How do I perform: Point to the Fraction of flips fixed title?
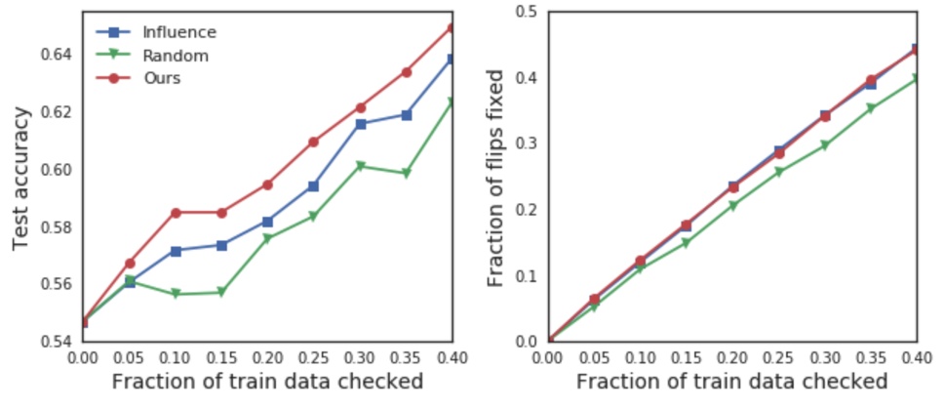click(x=495, y=177)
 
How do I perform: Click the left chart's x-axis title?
click(x=267, y=382)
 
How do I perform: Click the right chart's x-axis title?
click(x=732, y=382)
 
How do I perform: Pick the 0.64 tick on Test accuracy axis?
click(x=56, y=54)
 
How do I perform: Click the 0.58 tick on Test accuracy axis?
click(x=56, y=227)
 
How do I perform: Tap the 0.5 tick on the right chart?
click(x=528, y=12)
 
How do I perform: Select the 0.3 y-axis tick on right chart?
click(x=528, y=143)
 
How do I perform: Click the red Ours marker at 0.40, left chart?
click(x=452, y=27)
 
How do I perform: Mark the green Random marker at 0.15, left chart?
click(x=222, y=292)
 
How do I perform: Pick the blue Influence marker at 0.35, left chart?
click(x=407, y=115)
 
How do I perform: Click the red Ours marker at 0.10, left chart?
click(x=176, y=213)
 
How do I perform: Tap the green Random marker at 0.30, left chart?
click(x=360, y=166)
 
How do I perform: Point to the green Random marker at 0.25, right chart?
click(x=779, y=172)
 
